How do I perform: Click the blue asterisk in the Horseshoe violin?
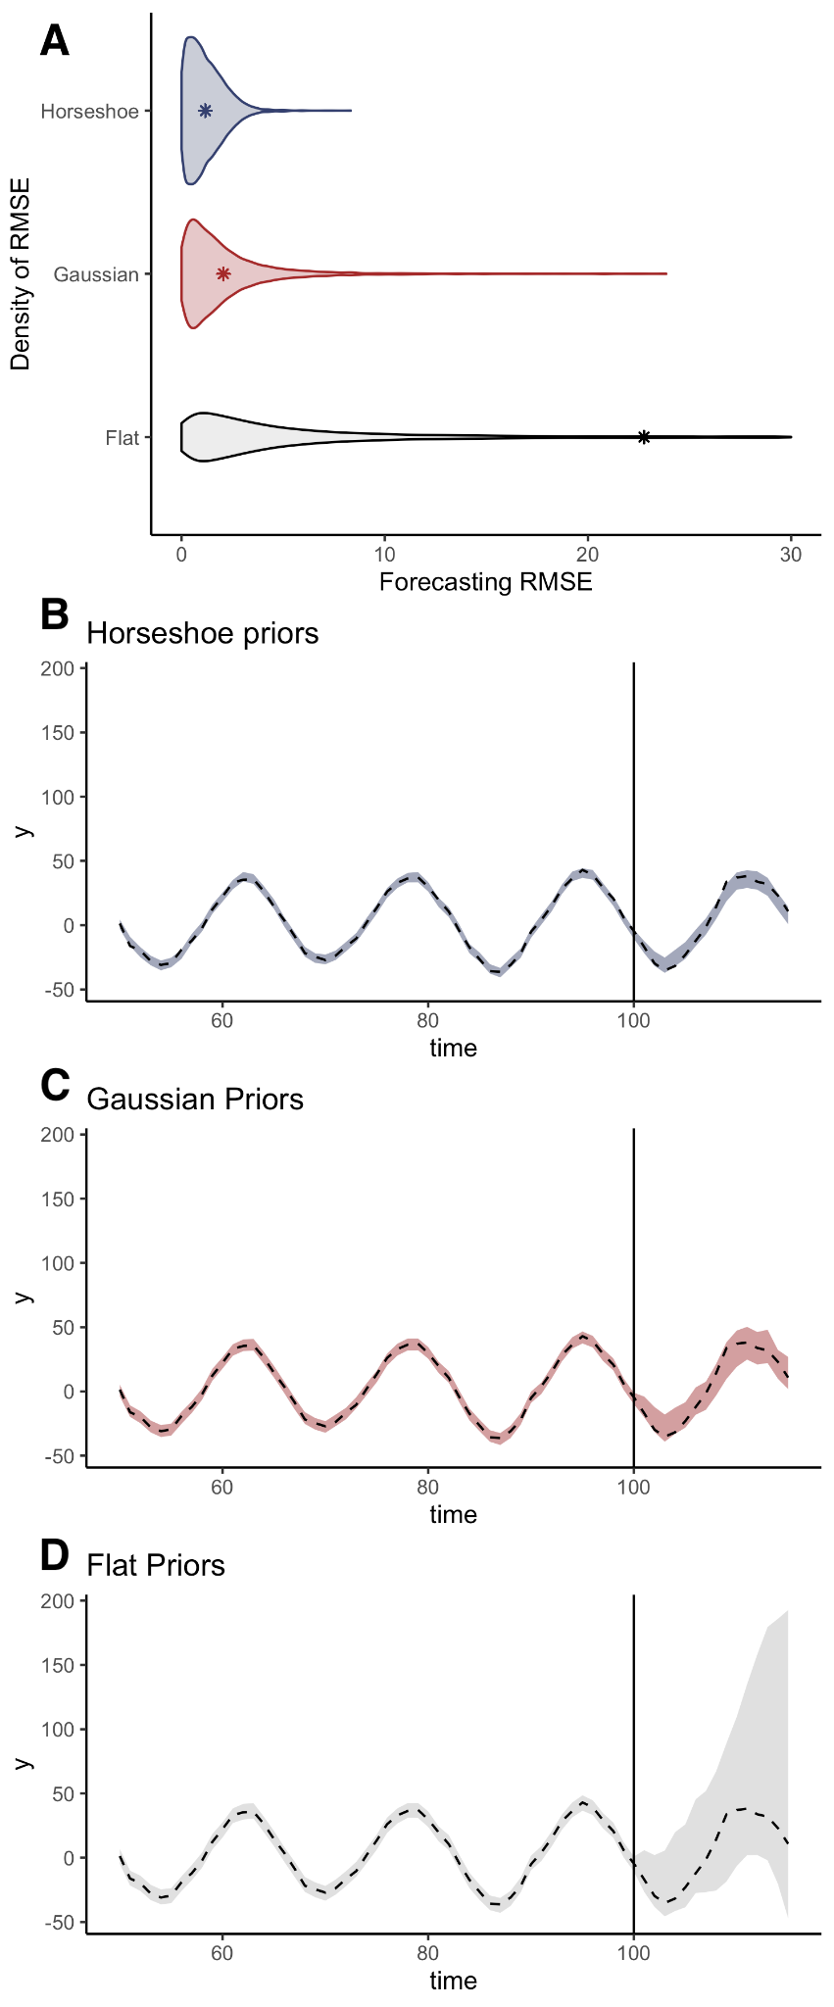pos(205,111)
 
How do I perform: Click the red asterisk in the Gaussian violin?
pos(223,273)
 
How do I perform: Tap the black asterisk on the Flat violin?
pos(644,437)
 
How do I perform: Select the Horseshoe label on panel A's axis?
pos(90,112)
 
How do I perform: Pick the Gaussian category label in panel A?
pos(96,274)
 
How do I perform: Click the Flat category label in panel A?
pos(123,438)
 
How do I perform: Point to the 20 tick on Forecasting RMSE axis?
pos(588,554)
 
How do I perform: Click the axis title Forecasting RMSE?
pos(485,582)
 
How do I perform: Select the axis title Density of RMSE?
pos(21,273)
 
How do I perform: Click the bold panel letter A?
pos(55,42)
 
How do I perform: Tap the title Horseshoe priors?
pos(203,633)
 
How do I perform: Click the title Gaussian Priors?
pos(195,1099)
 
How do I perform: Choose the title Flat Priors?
pos(156,1565)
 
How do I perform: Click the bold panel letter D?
pos(55,1554)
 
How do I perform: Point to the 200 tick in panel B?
pos(60,668)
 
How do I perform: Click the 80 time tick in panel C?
pos(428,1486)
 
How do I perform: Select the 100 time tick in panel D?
pos(634,1952)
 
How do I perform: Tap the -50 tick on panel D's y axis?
pos(60,1923)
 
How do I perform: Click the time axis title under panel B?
pos(453,1048)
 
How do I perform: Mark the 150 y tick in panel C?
pos(60,1199)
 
